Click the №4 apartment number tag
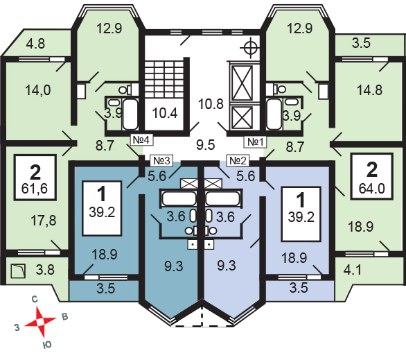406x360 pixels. click(141, 140)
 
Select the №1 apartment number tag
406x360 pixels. click(255, 142)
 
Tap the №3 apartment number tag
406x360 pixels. click(162, 161)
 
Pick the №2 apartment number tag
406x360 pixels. click(238, 161)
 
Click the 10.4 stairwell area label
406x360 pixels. click(165, 113)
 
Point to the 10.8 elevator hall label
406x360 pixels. click(211, 104)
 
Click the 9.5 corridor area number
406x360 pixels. click(205, 144)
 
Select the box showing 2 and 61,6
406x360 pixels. click(35, 178)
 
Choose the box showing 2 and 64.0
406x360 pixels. click(372, 176)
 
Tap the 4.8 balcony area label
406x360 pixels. click(36, 43)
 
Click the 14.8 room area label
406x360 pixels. click(369, 90)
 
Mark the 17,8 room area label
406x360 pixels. click(43, 221)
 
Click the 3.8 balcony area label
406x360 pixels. click(45, 270)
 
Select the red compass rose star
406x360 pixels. click(40, 322)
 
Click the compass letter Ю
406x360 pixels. click(47, 345)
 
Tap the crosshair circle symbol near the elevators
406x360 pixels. click(250, 48)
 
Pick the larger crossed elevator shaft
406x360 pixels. click(242, 83)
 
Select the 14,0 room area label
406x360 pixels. click(38, 90)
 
